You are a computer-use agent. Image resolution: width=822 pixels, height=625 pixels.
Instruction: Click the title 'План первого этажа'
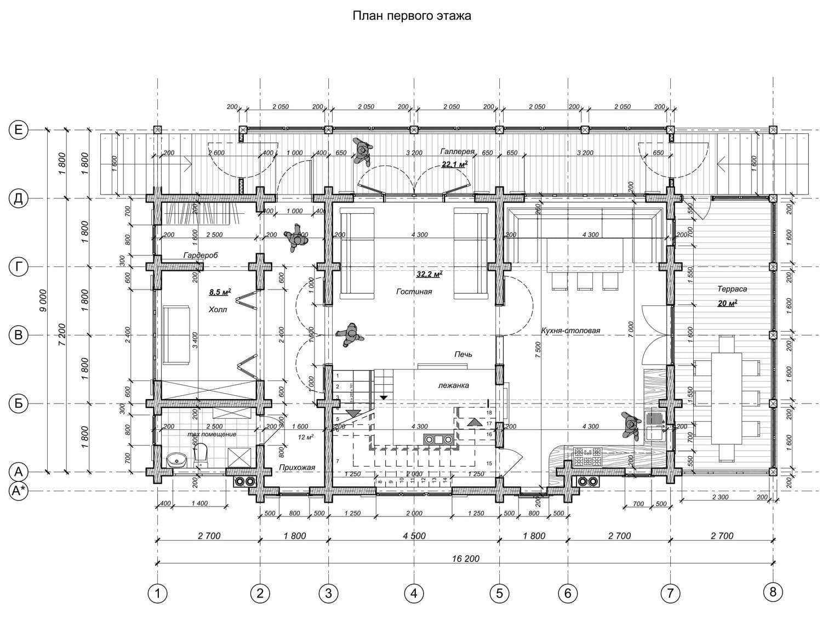click(x=411, y=16)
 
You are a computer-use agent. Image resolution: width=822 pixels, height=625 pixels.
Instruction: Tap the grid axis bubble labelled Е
click(x=19, y=130)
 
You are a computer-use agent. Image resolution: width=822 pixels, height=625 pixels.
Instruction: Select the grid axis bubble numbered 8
click(x=773, y=592)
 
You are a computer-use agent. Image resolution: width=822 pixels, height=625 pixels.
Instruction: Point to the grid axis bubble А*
click(x=19, y=492)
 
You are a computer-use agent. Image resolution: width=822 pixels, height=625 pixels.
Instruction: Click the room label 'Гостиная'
click(x=414, y=292)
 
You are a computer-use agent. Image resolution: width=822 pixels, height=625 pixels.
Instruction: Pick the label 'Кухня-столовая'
click(x=570, y=331)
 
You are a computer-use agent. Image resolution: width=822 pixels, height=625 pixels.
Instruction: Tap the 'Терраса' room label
click(x=732, y=289)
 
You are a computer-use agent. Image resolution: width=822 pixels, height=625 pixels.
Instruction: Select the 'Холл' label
click(x=218, y=310)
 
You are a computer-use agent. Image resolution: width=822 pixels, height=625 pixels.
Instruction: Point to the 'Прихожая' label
click(x=297, y=468)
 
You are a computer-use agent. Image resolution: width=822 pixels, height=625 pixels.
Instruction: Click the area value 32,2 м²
click(x=429, y=274)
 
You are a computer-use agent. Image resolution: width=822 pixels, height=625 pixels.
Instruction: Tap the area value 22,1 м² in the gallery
click(x=454, y=164)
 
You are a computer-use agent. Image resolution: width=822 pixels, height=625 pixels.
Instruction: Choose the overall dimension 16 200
click(x=465, y=559)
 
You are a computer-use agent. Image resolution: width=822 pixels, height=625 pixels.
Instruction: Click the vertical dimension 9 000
click(x=43, y=301)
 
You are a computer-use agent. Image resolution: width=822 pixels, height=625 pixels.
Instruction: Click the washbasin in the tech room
click(x=176, y=459)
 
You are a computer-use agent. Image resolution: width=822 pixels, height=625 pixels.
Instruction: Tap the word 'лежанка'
click(x=453, y=385)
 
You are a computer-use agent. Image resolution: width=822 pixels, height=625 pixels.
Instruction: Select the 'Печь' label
click(x=463, y=355)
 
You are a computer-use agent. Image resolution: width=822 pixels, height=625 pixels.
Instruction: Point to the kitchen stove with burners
click(x=587, y=457)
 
